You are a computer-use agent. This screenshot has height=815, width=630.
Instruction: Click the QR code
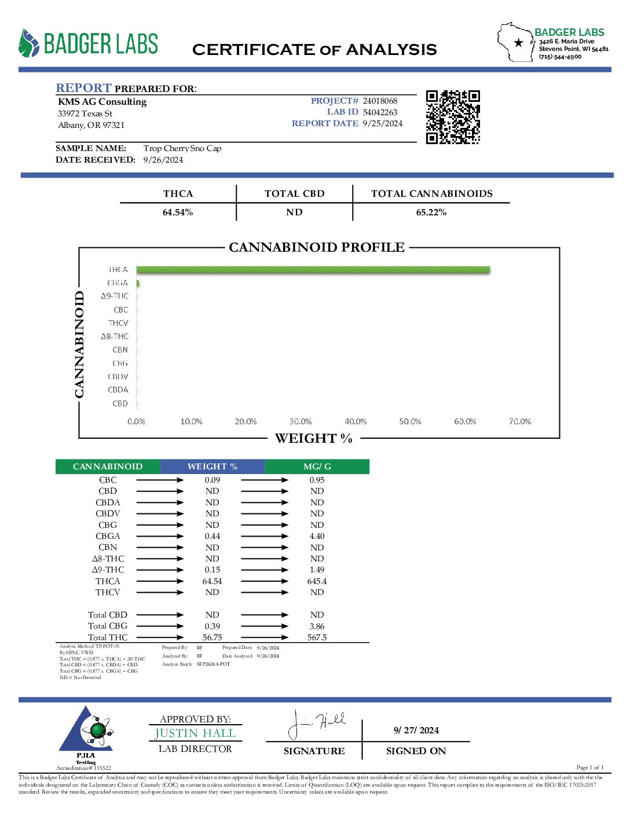[453, 117]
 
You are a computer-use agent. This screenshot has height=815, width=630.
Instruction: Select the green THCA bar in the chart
[313, 270]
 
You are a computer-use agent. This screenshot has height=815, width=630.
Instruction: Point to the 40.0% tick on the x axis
[356, 421]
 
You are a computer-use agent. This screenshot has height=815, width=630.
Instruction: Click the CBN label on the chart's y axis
[120, 350]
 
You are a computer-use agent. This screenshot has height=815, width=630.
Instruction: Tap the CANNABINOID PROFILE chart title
[317, 248]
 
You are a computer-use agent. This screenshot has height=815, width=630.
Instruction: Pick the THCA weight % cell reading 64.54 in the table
[212, 581]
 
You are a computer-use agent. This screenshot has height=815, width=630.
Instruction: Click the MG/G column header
[317, 467]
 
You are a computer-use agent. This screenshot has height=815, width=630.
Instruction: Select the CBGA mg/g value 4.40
[317, 536]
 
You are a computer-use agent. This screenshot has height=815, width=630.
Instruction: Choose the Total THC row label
[108, 637]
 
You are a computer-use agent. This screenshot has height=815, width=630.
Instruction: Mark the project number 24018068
[380, 101]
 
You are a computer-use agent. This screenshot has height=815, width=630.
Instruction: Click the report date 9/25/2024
[382, 123]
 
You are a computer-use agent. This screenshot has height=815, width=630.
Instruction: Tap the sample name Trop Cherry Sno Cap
[182, 148]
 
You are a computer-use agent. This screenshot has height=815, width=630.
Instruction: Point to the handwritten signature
[316, 724]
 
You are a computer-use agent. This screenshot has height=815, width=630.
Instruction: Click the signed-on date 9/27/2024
[416, 730]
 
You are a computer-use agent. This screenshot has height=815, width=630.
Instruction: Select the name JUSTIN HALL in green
[195, 733]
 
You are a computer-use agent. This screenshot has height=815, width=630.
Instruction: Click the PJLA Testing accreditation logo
[86, 734]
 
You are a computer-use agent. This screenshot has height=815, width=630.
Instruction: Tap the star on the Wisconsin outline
[519, 42]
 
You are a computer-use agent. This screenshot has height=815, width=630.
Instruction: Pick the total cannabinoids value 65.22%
[431, 212]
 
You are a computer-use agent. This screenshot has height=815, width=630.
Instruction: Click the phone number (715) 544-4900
[560, 57]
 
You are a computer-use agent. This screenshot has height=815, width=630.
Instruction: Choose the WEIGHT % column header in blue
[212, 467]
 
